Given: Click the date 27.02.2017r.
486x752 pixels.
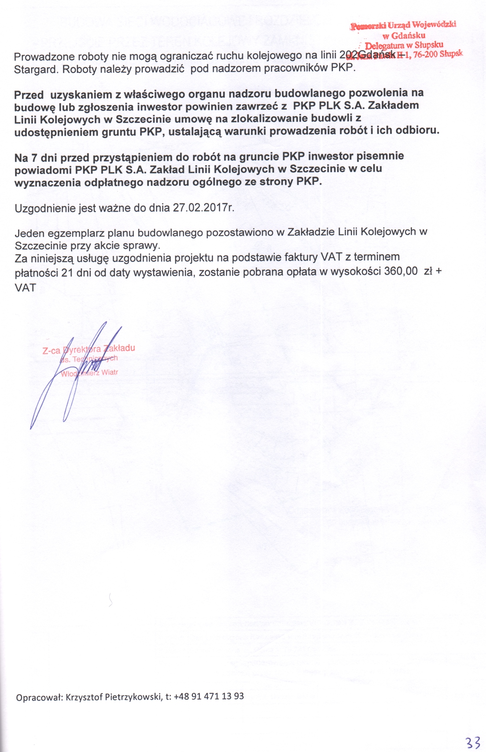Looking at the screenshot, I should [203, 208].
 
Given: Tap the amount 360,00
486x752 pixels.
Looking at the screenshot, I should [401, 271].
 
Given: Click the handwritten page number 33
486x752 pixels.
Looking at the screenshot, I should [473, 743].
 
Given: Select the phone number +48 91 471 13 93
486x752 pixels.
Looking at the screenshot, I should [209, 696].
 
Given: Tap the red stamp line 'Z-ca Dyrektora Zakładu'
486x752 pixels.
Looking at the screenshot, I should [88, 349].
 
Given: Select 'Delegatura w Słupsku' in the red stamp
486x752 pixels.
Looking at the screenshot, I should [404, 45].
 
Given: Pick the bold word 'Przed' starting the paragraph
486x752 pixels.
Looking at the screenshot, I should [29, 95].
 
